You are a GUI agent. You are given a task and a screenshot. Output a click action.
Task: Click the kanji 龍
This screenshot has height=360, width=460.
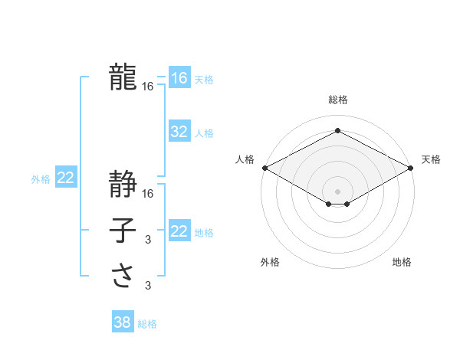123,77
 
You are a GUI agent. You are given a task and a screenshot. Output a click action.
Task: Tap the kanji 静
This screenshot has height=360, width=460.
123,184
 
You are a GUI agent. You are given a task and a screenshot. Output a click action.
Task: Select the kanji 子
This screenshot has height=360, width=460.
123,231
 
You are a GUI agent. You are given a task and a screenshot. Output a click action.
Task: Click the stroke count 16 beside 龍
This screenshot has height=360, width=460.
148,87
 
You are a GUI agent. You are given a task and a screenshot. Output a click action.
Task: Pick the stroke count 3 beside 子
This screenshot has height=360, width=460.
148,241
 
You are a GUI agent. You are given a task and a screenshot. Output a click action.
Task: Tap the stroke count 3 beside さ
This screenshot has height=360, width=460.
148,286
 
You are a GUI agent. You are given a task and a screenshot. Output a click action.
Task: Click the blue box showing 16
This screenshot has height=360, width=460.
179,77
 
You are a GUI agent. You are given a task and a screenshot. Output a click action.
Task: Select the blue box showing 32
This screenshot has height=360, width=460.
179,132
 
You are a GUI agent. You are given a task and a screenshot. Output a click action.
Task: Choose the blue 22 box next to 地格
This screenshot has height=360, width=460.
179,231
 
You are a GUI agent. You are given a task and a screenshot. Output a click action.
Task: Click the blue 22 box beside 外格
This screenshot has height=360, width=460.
65,178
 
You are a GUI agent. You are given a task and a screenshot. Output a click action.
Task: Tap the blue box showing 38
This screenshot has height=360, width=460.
122,322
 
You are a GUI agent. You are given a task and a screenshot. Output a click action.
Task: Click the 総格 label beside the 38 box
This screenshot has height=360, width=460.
147,324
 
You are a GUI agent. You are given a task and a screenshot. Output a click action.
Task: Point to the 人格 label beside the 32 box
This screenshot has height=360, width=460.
204,133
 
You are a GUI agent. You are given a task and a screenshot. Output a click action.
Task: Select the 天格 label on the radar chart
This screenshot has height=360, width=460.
431,159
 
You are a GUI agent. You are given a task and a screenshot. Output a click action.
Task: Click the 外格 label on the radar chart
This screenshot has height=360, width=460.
270,262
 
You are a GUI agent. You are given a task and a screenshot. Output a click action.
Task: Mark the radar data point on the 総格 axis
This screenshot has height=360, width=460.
337,131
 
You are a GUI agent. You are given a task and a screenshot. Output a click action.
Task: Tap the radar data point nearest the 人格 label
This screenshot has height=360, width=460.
264,168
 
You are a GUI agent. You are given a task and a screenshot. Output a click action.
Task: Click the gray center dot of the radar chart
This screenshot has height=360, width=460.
337,191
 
